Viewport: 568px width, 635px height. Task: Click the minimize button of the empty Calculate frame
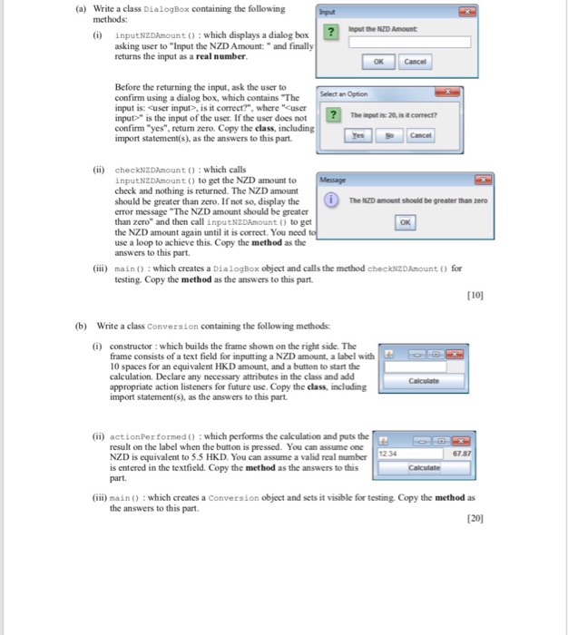[x=423, y=355]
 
